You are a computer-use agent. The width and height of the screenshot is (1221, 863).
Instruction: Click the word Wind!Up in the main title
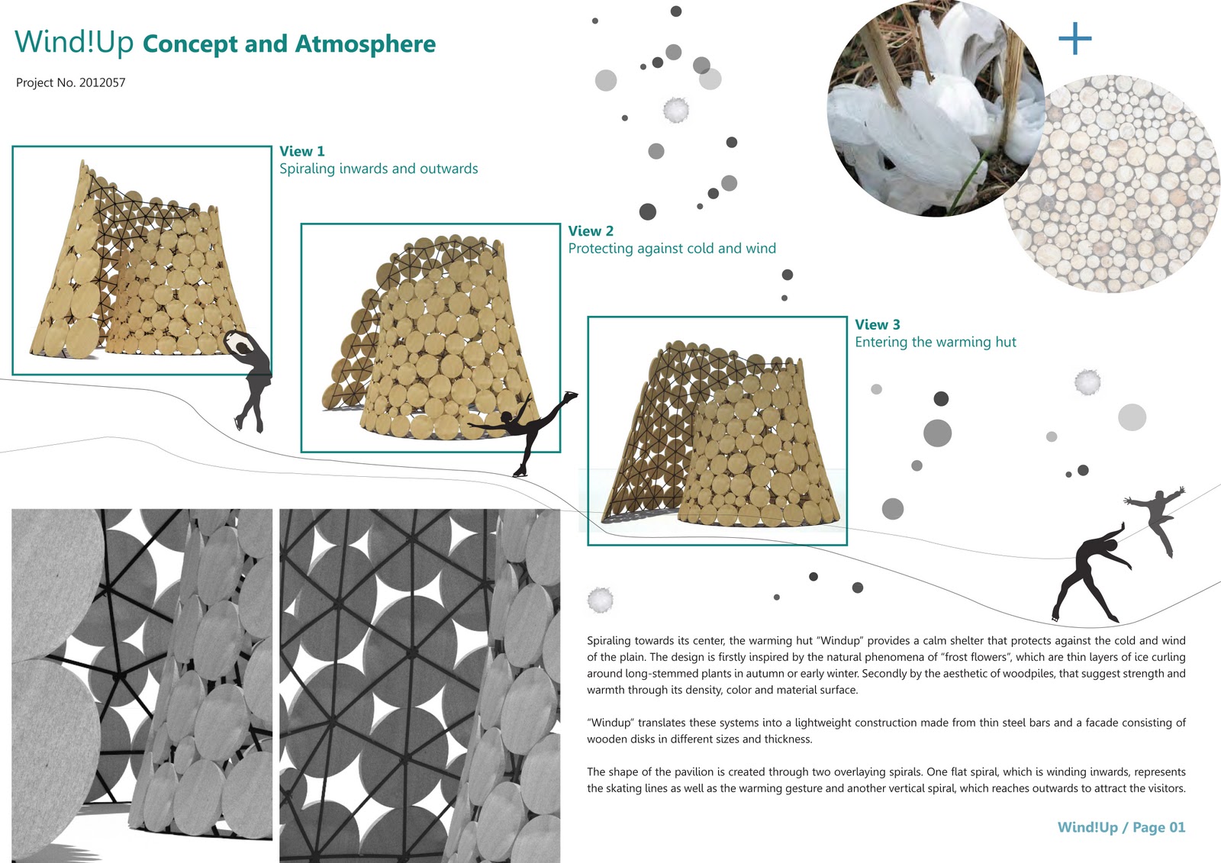coord(74,43)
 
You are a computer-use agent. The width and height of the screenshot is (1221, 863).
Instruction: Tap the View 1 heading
coord(301,151)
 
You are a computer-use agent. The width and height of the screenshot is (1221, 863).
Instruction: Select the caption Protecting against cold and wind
coord(672,248)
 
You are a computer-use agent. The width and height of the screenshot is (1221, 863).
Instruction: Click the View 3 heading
coord(877,324)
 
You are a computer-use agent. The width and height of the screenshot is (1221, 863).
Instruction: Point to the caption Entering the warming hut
coord(935,342)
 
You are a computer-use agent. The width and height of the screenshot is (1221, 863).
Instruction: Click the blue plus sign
coord(1074,38)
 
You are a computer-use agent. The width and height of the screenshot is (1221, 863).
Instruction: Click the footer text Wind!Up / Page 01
coord(1120,827)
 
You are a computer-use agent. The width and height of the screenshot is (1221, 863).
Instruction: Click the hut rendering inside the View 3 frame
coord(721,439)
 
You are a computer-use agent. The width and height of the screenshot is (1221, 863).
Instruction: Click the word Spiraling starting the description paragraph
coord(609,641)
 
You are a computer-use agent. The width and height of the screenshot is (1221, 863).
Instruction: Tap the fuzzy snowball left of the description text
coord(600,601)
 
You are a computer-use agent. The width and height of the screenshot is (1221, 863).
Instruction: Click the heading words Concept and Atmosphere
coord(289,44)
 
